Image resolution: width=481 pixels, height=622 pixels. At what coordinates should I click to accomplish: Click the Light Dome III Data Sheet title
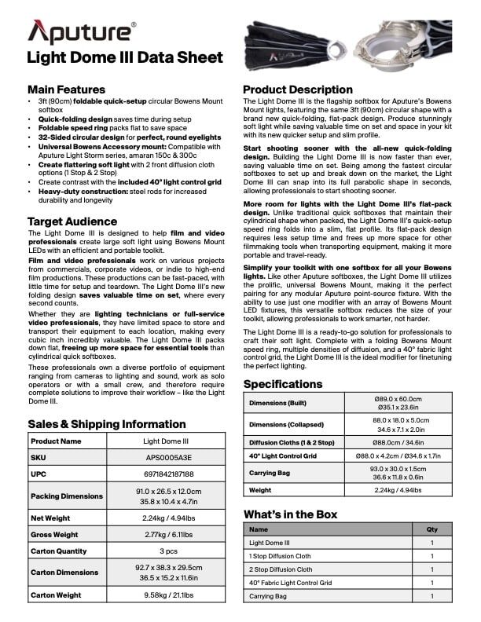tap(125, 57)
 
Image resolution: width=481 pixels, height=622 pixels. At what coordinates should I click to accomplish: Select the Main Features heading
tap(66, 90)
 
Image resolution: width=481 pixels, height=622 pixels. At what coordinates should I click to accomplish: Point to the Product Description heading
tap(298, 90)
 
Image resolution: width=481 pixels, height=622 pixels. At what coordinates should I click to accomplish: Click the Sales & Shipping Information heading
tap(107, 424)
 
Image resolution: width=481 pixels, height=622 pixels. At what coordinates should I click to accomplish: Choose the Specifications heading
tap(283, 384)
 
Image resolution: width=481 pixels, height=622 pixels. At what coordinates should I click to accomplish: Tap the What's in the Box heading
tap(291, 514)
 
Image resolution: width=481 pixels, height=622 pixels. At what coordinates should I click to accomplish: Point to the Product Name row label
tap(56, 441)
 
